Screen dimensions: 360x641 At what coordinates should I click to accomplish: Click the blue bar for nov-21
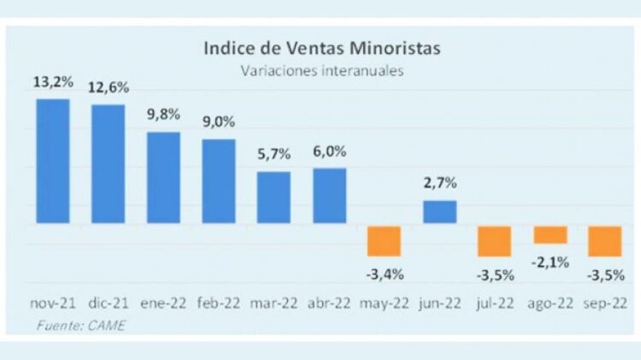click(53, 161)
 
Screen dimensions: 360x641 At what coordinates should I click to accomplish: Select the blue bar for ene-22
click(163, 177)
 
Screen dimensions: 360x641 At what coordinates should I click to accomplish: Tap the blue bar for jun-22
click(439, 212)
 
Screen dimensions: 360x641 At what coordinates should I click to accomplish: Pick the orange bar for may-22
click(384, 240)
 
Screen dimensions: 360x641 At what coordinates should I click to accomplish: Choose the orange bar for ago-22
click(550, 234)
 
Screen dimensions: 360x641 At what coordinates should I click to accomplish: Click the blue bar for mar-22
click(273, 198)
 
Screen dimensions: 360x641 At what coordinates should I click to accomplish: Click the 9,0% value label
click(218, 122)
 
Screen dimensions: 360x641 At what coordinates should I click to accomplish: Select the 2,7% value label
click(439, 183)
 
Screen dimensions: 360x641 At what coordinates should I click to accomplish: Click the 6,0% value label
click(329, 151)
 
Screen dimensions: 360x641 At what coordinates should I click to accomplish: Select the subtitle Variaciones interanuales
click(322, 71)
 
